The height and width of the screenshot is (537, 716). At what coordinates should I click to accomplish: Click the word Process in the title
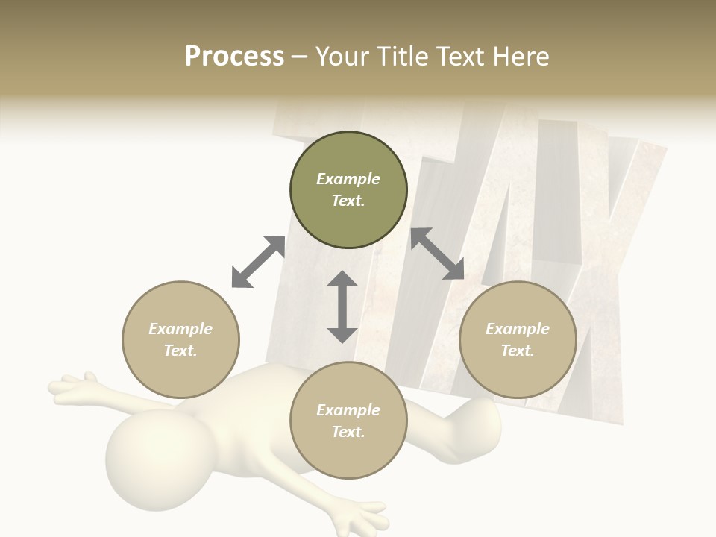click(234, 57)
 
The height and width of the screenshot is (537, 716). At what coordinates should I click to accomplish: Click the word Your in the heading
click(343, 57)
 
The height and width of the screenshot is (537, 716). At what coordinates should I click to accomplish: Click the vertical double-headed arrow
click(342, 307)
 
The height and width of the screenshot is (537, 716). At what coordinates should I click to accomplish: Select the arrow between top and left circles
click(258, 262)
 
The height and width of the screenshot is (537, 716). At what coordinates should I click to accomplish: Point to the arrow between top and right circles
click(437, 254)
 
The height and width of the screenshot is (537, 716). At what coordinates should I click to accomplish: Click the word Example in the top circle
click(348, 179)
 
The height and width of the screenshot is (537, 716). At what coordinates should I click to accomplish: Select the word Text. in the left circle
click(180, 351)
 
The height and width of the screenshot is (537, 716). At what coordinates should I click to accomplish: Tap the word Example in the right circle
click(518, 329)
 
